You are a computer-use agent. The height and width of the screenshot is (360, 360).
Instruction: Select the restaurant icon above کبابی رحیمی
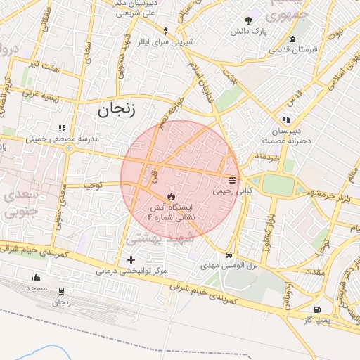pyautogui.click(x=233, y=180)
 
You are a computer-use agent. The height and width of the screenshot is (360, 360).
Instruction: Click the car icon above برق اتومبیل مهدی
pyautogui.click(x=229, y=255)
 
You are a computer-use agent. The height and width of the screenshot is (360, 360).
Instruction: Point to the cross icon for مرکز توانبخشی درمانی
pyautogui.click(x=131, y=260)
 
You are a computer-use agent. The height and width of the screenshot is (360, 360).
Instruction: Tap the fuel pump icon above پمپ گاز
pyautogui.click(x=318, y=309)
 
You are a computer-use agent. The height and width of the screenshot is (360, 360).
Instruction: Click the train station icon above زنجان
pyautogui.click(x=61, y=290)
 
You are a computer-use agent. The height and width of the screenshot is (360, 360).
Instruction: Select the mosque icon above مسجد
pyautogui.click(x=37, y=277)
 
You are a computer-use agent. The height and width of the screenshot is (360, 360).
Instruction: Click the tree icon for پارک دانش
pyautogui.click(x=248, y=20)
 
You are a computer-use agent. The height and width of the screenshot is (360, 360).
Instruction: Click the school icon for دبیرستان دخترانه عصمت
pyautogui.click(x=285, y=119)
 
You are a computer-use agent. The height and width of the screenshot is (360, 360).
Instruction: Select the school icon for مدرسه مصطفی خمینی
pyautogui.click(x=62, y=128)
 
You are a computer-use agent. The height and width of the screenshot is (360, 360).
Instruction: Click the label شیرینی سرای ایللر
pyautogui.click(x=167, y=41)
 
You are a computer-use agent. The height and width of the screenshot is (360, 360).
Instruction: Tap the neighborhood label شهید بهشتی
pyautogui.click(x=153, y=238)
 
